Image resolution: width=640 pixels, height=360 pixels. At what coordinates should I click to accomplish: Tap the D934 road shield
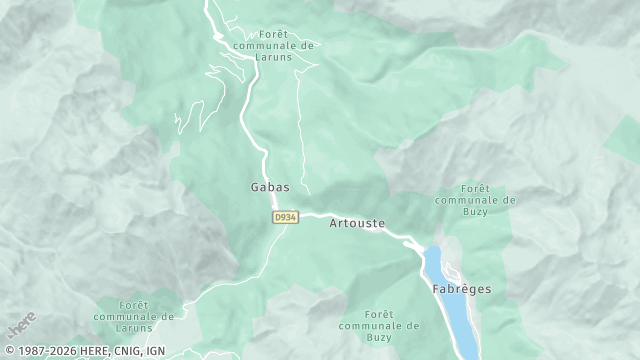click(x=285, y=216)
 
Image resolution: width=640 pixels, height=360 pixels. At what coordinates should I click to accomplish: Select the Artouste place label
click(x=357, y=224)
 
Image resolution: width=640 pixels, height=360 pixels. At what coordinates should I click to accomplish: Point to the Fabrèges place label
click(x=461, y=289)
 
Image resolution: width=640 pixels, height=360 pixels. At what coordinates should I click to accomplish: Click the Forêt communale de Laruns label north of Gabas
click(x=273, y=45)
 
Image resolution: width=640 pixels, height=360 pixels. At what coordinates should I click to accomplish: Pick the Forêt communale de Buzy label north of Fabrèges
click(x=476, y=199)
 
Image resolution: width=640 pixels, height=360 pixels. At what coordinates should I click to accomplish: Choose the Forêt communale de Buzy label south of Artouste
click(x=378, y=326)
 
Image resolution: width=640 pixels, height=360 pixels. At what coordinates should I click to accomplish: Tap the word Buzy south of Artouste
click(x=378, y=338)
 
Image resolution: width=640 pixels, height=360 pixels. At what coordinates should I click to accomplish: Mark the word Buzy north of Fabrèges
click(x=476, y=211)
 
